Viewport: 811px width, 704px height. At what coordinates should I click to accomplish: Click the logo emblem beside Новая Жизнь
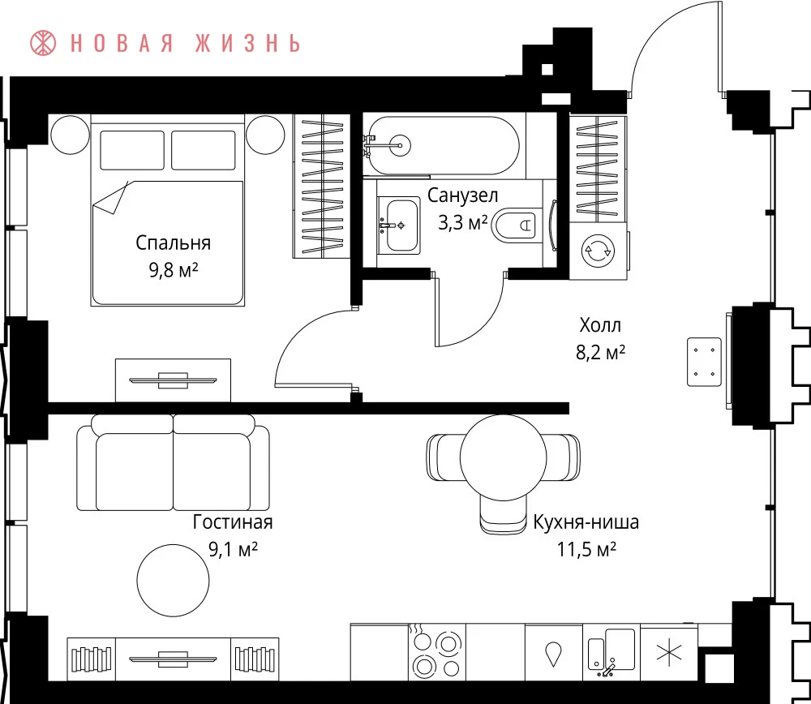click(x=43, y=43)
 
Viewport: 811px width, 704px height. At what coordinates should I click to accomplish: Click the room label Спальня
click(x=174, y=243)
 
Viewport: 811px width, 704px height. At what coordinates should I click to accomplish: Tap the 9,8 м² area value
click(x=174, y=269)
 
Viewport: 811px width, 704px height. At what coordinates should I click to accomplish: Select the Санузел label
click(x=462, y=195)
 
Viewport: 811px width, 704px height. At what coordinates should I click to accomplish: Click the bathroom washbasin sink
click(x=397, y=225)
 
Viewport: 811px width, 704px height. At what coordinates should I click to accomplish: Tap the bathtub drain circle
click(x=400, y=145)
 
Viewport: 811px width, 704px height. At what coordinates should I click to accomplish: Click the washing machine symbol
click(x=599, y=251)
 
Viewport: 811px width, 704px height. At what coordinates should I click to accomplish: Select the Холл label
click(x=600, y=325)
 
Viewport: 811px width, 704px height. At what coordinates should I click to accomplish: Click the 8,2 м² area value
click(x=600, y=353)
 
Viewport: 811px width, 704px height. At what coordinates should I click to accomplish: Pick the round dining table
click(x=504, y=457)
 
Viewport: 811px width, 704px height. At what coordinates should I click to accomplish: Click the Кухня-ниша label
click(x=586, y=522)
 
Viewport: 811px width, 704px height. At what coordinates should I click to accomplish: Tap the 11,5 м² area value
click(x=586, y=549)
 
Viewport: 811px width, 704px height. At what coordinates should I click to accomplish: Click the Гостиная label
click(x=233, y=522)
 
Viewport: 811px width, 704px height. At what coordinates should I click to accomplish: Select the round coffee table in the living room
click(x=174, y=580)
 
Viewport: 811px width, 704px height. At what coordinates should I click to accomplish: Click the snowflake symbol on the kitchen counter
click(x=669, y=652)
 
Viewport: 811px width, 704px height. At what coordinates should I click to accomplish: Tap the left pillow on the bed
click(x=132, y=150)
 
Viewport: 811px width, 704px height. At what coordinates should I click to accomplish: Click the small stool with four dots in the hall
click(x=704, y=362)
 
